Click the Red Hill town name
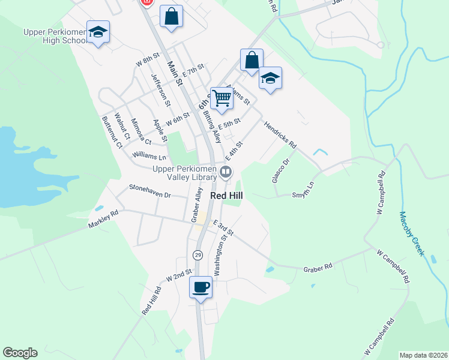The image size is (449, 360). (x=226, y=196)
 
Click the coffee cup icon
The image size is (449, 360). (x=201, y=287)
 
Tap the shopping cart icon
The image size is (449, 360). (x=221, y=98)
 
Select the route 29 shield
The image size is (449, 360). (x=197, y=255)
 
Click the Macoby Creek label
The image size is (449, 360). (x=412, y=234)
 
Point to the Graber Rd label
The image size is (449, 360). (x=318, y=266)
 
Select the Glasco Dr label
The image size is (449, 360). (x=280, y=170)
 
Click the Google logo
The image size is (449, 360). (x=20, y=353)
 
